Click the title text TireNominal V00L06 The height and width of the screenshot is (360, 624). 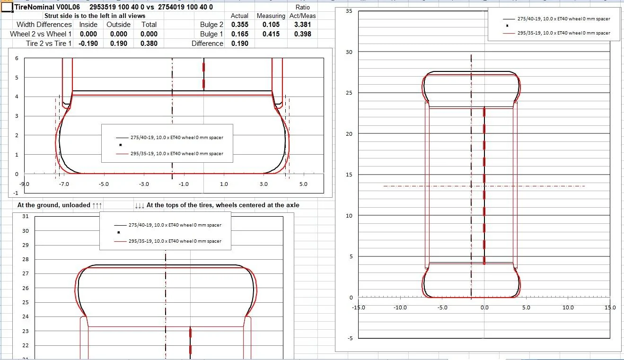pyautogui.click(x=47, y=7)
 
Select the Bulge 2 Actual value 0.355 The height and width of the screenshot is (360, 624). pyautogui.click(x=239, y=25)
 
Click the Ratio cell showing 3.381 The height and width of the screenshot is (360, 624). pyautogui.click(x=302, y=25)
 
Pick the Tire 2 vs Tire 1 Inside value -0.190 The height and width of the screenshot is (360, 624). pyautogui.click(x=88, y=44)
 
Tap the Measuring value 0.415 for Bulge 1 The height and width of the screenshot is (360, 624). pyautogui.click(x=271, y=34)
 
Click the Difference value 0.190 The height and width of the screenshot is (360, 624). pyautogui.click(x=239, y=44)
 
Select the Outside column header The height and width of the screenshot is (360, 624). pyautogui.click(x=118, y=25)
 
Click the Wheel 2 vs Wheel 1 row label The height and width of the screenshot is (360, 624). pyautogui.click(x=41, y=34)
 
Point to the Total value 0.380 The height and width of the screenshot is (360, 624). pyautogui.click(x=149, y=44)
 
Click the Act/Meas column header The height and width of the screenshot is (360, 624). pyautogui.click(x=302, y=16)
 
